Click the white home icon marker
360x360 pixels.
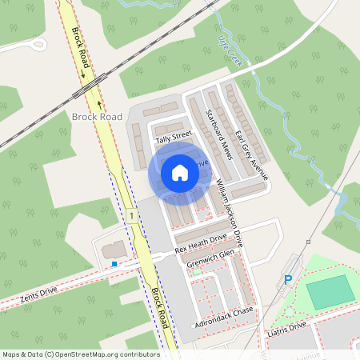(180, 171)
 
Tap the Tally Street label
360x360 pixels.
(174, 137)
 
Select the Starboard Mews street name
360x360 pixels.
(218, 135)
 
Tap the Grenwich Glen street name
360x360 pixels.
(210, 258)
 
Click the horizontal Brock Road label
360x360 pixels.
(97, 117)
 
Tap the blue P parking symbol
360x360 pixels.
(288, 280)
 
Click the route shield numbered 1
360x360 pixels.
(128, 217)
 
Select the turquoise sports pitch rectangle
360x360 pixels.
(330, 292)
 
